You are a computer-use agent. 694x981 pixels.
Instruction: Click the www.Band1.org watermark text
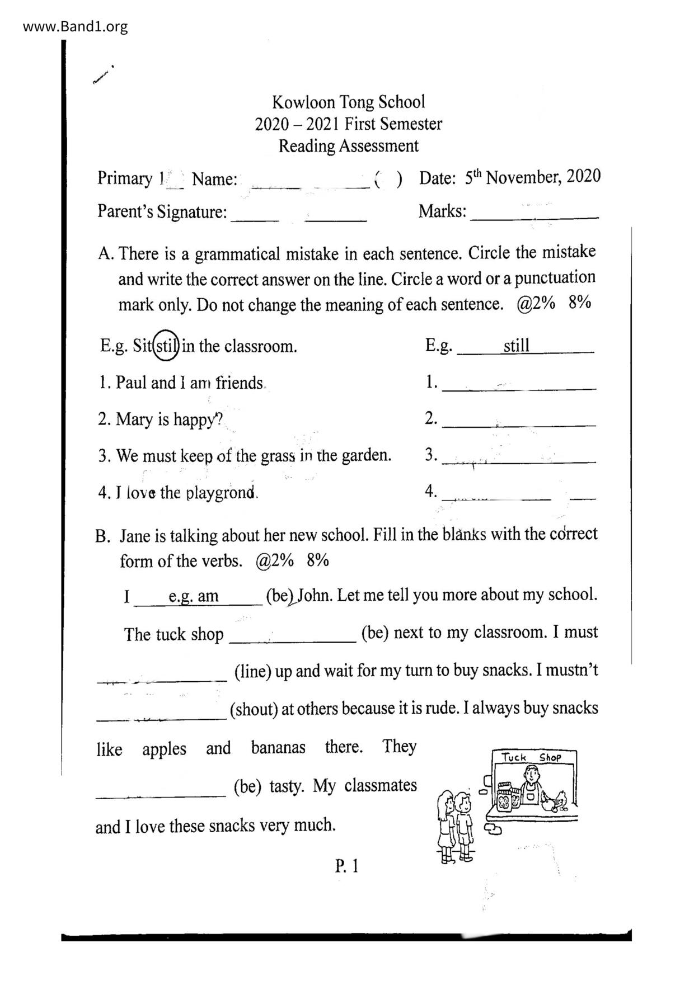75,27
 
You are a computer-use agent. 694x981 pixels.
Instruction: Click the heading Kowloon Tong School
348,102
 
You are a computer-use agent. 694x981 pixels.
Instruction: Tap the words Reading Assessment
348,146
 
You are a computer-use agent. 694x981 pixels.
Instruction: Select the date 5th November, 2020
532,177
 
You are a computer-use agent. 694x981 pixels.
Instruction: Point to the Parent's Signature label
162,211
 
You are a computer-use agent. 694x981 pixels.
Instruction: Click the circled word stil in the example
166,346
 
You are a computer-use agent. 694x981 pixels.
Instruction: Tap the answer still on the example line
516,346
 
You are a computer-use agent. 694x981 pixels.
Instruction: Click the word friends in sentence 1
240,383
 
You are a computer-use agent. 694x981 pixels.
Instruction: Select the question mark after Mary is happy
218,419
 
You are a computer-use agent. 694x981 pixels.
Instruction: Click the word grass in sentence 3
278,456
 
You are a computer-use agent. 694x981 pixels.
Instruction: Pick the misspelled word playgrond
221,493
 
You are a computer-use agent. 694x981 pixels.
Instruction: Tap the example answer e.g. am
194,596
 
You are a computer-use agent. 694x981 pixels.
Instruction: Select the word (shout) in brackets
254,709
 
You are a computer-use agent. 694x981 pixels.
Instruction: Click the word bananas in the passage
278,748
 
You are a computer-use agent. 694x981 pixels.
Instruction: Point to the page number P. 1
346,866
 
